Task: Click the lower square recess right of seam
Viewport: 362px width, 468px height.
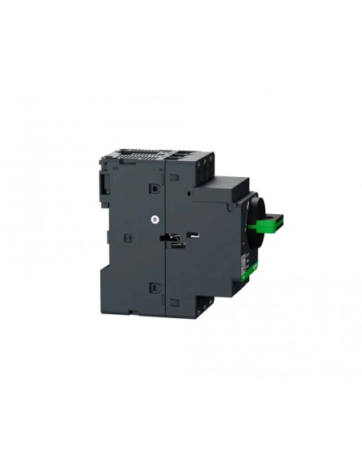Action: click(175, 302)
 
